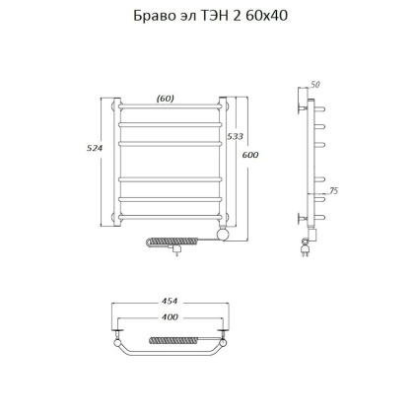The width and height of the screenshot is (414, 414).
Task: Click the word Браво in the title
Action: point(151,17)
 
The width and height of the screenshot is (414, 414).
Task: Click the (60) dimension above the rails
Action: point(167,98)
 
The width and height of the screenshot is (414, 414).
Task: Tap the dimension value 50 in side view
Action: point(315,85)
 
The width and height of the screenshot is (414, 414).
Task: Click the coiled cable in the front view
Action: point(180,240)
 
